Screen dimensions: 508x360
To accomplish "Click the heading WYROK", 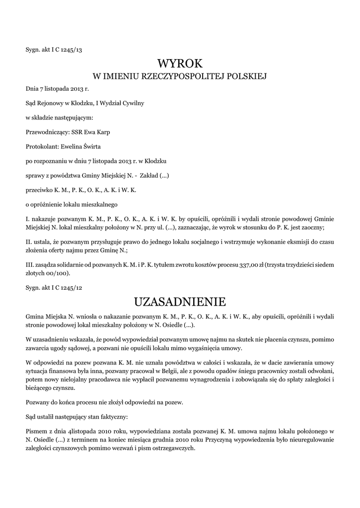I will (x=180, y=63).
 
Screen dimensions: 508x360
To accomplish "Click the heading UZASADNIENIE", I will (x=180, y=302).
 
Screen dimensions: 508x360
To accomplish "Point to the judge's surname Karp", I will (x=103, y=132).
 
